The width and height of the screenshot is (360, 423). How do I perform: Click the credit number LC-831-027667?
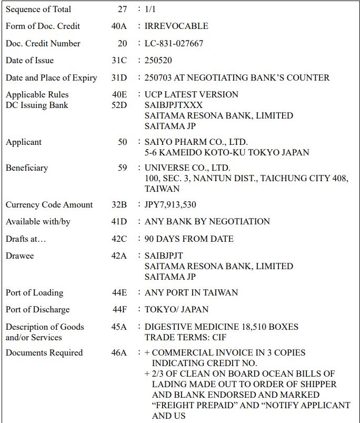pos(174,43)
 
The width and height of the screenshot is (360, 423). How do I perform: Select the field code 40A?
pos(119,26)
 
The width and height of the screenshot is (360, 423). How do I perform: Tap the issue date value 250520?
pos(158,61)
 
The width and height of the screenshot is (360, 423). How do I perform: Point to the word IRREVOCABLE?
pos(176,26)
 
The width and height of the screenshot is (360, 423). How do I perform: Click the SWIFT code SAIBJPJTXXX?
pos(173,105)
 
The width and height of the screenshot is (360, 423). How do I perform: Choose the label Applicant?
pos(24,142)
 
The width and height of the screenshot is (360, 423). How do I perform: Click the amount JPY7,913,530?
pos(171,204)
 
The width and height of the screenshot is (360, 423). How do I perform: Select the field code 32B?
pos(119,204)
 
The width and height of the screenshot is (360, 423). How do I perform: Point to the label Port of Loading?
pos(34,292)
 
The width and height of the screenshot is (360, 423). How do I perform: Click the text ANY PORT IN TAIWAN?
pos(191,292)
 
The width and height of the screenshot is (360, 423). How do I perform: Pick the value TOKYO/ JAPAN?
pos(176,309)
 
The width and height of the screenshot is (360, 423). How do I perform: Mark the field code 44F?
pos(119,309)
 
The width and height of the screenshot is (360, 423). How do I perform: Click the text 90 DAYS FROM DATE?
pos(189,239)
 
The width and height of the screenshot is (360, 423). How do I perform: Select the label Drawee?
pos(19,255)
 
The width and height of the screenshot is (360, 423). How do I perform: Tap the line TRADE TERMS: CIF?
pos(185,337)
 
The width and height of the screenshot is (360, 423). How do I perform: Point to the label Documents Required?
pos(44,352)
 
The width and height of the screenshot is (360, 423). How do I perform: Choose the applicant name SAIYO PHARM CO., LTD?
pos(196,142)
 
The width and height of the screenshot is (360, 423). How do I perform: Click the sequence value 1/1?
pos(152,9)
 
